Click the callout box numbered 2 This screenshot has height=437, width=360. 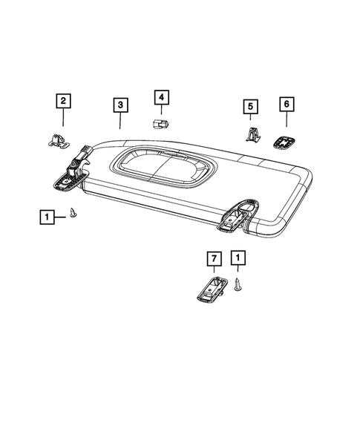pos(62,100)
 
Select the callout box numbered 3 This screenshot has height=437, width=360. pos(120,105)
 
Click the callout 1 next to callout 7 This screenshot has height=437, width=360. pos(238,258)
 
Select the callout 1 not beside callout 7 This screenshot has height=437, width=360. pos(47,217)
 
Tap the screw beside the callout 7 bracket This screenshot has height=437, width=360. pos(238,284)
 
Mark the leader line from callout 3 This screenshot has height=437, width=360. pos(120,121)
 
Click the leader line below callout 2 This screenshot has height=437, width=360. pos(62,116)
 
